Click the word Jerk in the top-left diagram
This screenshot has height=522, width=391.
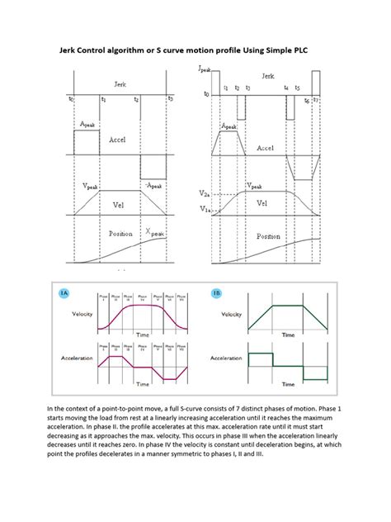pyautogui.click(x=120, y=83)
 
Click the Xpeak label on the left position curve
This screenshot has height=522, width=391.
pyautogui.click(x=155, y=234)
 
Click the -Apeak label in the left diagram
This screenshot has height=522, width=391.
pyautogui.click(x=154, y=185)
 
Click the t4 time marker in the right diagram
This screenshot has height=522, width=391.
pyautogui.click(x=286, y=87)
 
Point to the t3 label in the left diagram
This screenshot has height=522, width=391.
pyautogui.click(x=170, y=98)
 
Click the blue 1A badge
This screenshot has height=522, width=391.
pyautogui.click(x=64, y=293)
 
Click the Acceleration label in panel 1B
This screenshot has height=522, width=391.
pyautogui.click(x=226, y=358)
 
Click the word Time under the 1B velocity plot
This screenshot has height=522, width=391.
pyautogui.click(x=288, y=335)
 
